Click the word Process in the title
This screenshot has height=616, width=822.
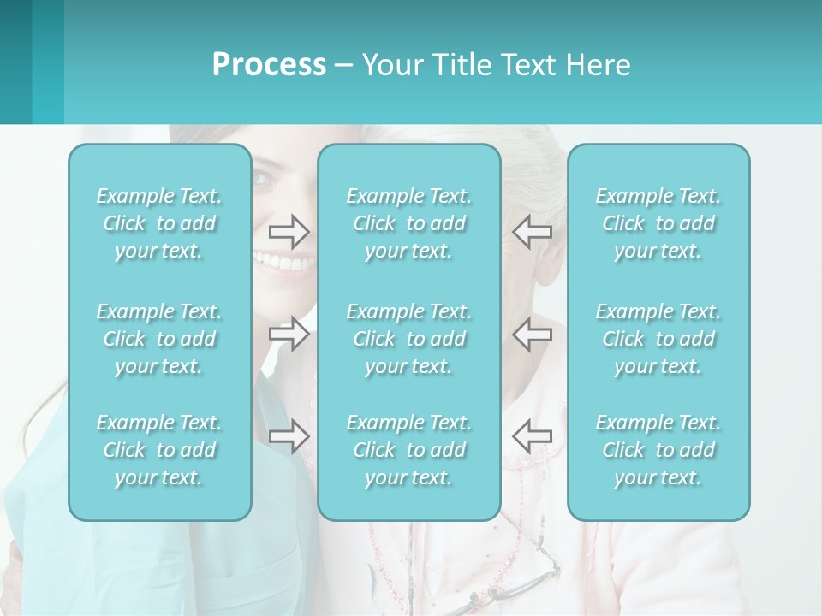(269, 65)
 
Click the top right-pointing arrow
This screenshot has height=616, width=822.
(289, 231)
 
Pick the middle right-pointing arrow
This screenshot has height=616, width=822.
(289, 334)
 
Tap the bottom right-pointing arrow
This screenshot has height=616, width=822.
(289, 436)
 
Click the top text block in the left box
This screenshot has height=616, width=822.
(159, 223)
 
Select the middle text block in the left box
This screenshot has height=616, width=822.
(159, 339)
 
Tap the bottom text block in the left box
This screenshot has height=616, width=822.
(159, 450)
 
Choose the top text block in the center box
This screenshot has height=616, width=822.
(409, 223)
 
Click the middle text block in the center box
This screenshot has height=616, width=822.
(409, 339)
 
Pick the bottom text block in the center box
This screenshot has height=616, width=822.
(409, 450)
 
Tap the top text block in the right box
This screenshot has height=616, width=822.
(658, 223)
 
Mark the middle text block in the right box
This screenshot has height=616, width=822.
(658, 339)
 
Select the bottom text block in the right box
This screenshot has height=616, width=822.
(658, 450)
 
